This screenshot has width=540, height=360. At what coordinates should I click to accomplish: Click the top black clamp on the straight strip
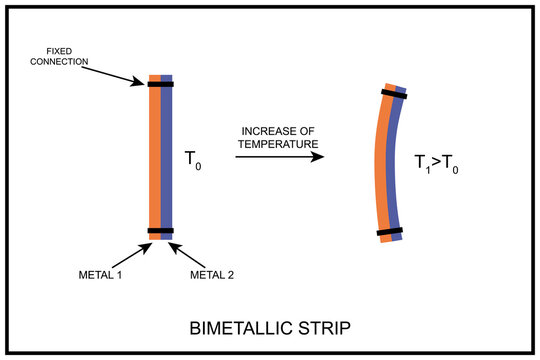click(x=160, y=85)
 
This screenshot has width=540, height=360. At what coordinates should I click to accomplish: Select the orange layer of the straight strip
click(x=155, y=160)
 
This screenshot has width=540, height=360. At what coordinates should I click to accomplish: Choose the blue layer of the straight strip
click(x=167, y=160)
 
